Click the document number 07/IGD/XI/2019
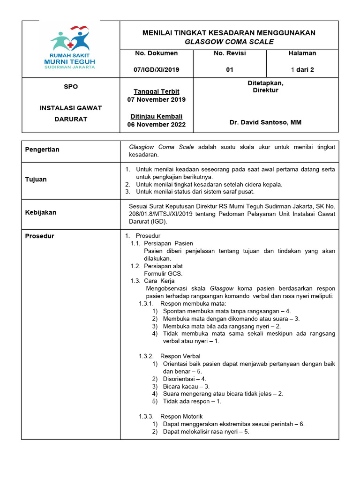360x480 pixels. pyautogui.click(x=157, y=70)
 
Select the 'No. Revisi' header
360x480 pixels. pyautogui.click(x=230, y=53)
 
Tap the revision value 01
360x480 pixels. pyautogui.click(x=230, y=70)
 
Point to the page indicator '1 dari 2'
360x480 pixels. pyautogui.click(x=302, y=70)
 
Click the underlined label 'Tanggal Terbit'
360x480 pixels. pyautogui.click(x=157, y=91)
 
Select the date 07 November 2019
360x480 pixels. pyautogui.click(x=157, y=99)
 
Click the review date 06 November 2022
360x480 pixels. pyautogui.click(x=157, y=124)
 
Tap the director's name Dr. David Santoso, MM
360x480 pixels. pyautogui.click(x=265, y=122)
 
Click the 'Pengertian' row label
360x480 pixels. pyautogui.click(x=42, y=150)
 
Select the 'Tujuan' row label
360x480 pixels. pyautogui.click(x=36, y=180)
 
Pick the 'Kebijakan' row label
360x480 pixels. pyautogui.click(x=40, y=212)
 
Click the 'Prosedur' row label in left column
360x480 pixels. pyautogui.click(x=39, y=236)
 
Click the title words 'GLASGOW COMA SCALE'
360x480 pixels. pyautogui.click(x=229, y=42)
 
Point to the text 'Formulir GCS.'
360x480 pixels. pyautogui.click(x=163, y=273)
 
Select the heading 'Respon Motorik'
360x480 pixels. pyautogui.click(x=181, y=416)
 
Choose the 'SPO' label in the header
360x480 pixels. pyautogui.click(x=71, y=87)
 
